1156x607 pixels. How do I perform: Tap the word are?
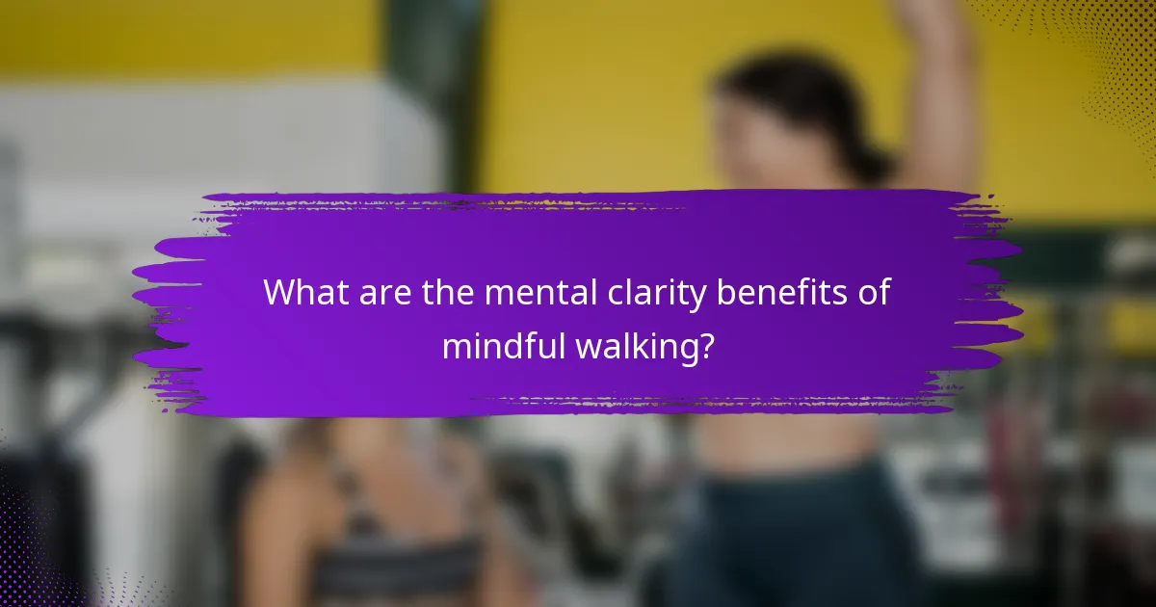(386, 292)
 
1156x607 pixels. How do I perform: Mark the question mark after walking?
(707, 346)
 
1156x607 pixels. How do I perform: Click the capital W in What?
(281, 292)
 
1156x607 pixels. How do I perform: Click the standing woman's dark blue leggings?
(800, 540)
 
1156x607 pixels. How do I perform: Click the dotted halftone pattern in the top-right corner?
(1108, 58)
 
